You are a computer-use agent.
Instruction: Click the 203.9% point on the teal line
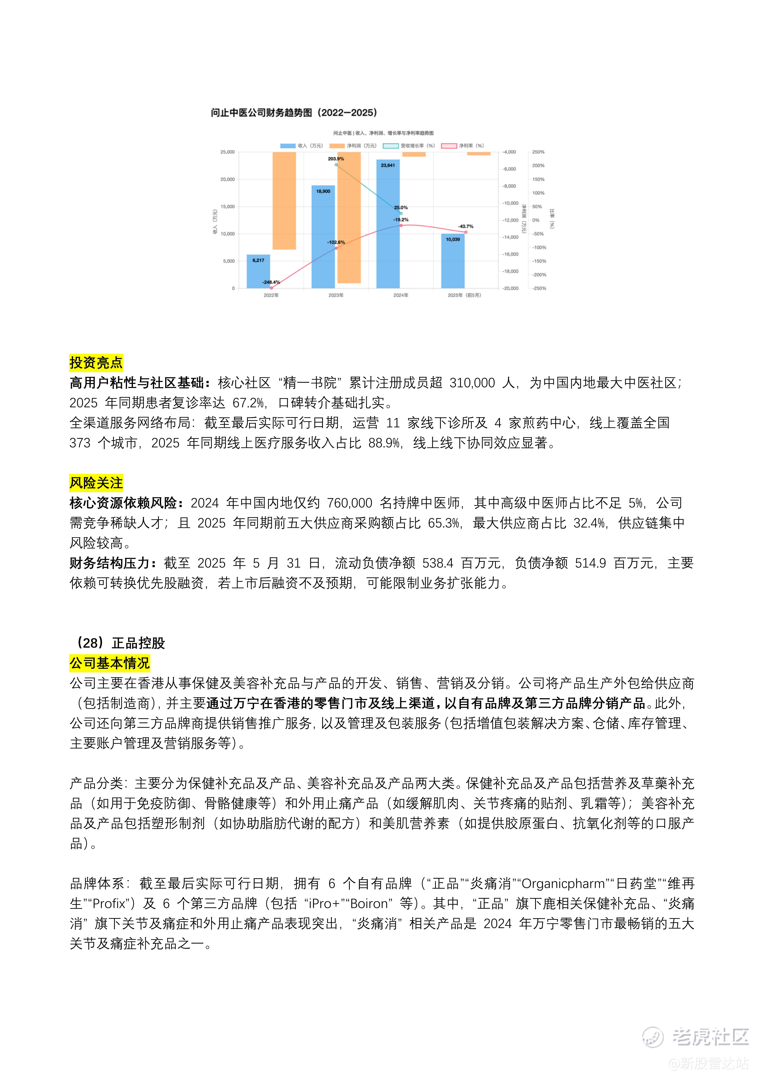click(336, 164)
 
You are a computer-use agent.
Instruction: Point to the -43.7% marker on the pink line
click(466, 232)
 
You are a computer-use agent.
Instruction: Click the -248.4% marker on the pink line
click(271, 288)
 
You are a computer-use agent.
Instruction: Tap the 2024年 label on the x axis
click(401, 295)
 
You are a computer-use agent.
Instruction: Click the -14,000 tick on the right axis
click(510, 237)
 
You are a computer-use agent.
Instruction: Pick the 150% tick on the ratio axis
click(538, 179)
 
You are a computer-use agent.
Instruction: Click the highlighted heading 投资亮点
click(96, 363)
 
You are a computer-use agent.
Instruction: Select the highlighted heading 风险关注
click(96, 483)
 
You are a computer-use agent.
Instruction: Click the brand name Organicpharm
click(563, 884)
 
